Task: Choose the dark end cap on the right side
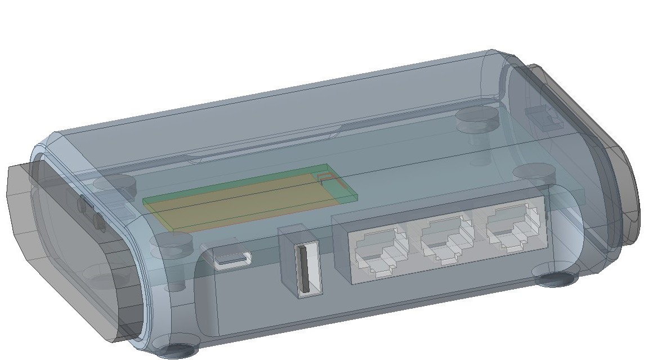[x=611, y=152]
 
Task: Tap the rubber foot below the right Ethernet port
[x=557, y=279]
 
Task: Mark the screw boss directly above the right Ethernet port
[x=532, y=172]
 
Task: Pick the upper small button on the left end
[x=83, y=204]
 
